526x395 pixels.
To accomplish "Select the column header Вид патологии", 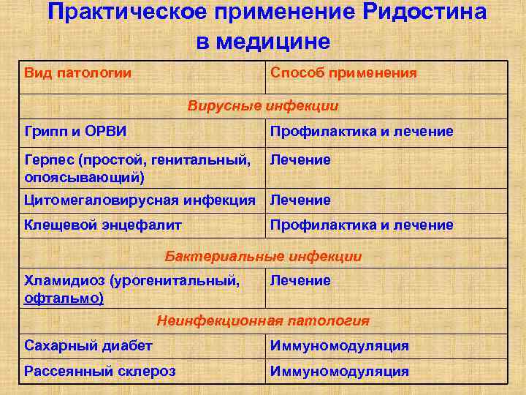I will [77, 73].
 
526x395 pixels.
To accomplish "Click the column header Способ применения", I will [343, 73].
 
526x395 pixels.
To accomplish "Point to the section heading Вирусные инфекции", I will [263, 106].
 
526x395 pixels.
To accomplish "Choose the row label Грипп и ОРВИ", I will [75, 132].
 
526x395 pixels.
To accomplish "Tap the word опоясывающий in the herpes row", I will [85, 177].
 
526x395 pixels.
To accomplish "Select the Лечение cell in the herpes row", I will [300, 159].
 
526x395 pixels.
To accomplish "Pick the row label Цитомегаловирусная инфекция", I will [140, 200].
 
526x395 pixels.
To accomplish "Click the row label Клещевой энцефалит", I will [103, 225].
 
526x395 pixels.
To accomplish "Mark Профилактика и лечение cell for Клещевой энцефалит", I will [362, 225].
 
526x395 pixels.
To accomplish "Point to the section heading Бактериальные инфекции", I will [263, 257].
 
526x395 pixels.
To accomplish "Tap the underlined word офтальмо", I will [64, 298].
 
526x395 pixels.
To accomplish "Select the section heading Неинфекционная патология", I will [263, 320].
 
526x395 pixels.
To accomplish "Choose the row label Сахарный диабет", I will [88, 346].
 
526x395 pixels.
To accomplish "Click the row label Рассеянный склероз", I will [99, 372].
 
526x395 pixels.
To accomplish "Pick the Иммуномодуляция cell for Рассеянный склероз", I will [339, 372].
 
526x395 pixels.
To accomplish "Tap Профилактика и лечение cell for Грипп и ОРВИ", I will [362, 132].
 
